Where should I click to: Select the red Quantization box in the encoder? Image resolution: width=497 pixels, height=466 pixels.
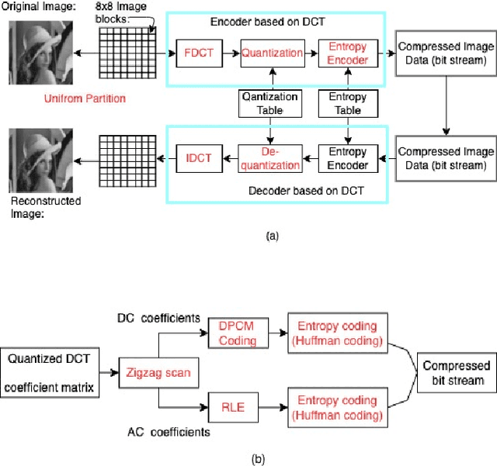pyautogui.click(x=271, y=54)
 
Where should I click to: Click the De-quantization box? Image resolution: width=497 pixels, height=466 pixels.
pyautogui.click(x=269, y=158)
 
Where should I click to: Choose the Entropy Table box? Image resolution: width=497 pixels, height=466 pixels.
pyautogui.click(x=347, y=104)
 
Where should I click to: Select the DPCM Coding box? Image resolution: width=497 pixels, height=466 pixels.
pyautogui.click(x=237, y=334)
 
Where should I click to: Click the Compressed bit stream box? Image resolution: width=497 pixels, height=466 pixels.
pyautogui.click(x=456, y=372)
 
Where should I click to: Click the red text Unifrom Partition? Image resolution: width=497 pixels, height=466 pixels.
pyautogui.click(x=86, y=98)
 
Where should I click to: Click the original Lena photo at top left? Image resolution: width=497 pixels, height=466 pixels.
pyautogui.click(x=40, y=52)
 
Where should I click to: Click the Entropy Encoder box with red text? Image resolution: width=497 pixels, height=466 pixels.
pyautogui.click(x=347, y=54)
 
